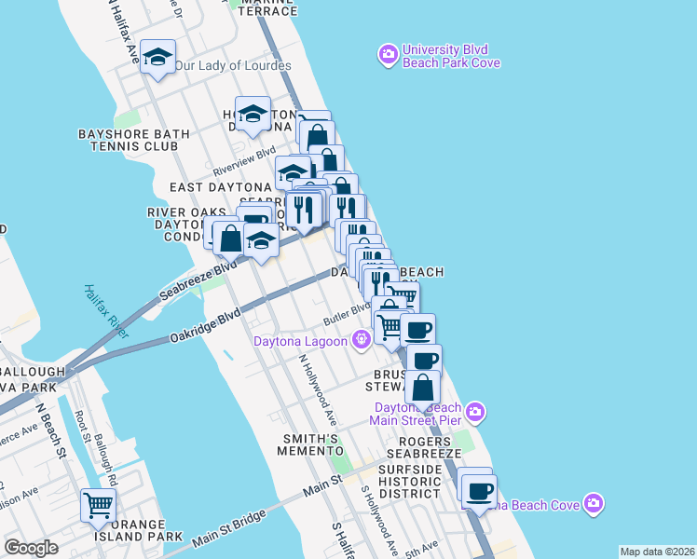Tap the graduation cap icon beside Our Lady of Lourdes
tap(158, 59)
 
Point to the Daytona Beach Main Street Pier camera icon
tap(476, 411)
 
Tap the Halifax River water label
tap(105, 310)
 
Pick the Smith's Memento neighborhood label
tap(310, 444)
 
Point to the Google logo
tap(31, 548)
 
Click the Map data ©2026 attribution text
tap(656, 552)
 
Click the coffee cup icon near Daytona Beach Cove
tap(480, 491)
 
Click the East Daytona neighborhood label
tap(220, 187)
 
